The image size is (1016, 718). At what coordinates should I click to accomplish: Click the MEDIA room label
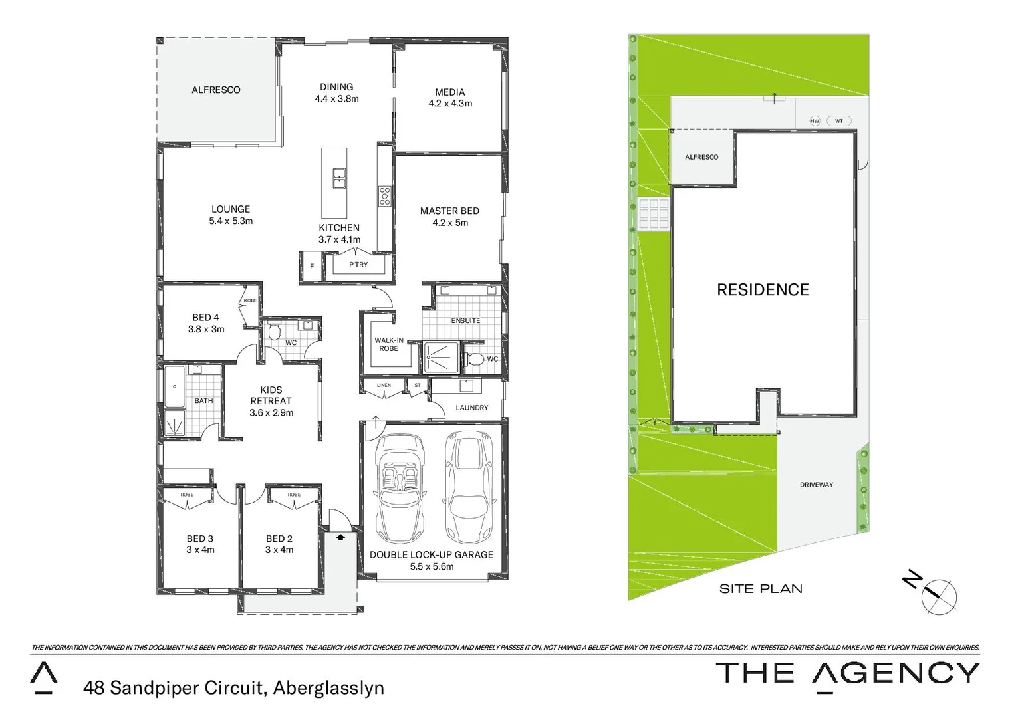tap(450, 92)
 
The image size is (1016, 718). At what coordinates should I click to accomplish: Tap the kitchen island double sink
tap(339, 178)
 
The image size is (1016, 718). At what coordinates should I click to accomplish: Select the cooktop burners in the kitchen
tap(385, 195)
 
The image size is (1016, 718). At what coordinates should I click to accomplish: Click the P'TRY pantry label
tap(358, 265)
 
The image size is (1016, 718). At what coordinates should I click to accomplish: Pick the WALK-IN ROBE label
tap(388, 344)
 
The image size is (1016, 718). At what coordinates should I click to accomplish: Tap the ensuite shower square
tap(440, 358)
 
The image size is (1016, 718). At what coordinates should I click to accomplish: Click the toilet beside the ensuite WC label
tap(475, 359)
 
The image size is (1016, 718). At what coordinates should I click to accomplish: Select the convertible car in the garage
tap(400, 487)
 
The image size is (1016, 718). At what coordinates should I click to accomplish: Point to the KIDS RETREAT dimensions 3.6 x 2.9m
tap(271, 413)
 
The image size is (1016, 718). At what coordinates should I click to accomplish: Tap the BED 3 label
tap(200, 538)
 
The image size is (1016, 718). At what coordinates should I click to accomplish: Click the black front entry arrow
tap(341, 536)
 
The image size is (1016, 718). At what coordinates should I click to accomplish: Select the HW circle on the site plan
tap(815, 121)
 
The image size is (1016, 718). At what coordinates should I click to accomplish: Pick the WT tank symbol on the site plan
tap(838, 121)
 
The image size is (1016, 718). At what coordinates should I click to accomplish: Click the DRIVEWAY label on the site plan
tap(816, 485)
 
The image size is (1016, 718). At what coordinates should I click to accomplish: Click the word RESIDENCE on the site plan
tap(763, 290)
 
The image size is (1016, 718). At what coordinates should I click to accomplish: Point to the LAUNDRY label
tap(472, 408)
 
